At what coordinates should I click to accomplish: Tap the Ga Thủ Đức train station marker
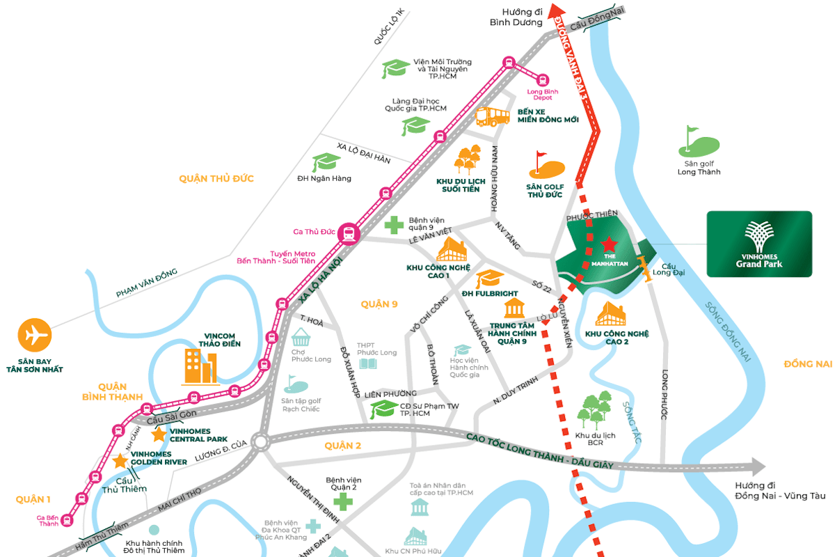pos(348,234)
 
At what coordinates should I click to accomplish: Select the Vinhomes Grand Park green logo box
pos(759,244)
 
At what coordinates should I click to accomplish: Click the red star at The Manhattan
pos(609,244)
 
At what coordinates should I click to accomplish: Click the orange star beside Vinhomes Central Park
pos(159,434)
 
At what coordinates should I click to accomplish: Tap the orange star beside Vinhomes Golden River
pos(120,460)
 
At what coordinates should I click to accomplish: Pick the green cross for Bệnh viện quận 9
pos(394,225)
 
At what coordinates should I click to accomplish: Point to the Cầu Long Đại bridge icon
pos(648,268)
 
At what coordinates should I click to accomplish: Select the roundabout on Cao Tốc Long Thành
pos(261,441)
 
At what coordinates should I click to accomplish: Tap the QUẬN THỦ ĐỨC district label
pos(216,179)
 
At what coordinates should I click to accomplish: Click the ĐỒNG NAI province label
pos(807,364)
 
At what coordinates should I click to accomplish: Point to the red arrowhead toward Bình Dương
pos(556,12)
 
